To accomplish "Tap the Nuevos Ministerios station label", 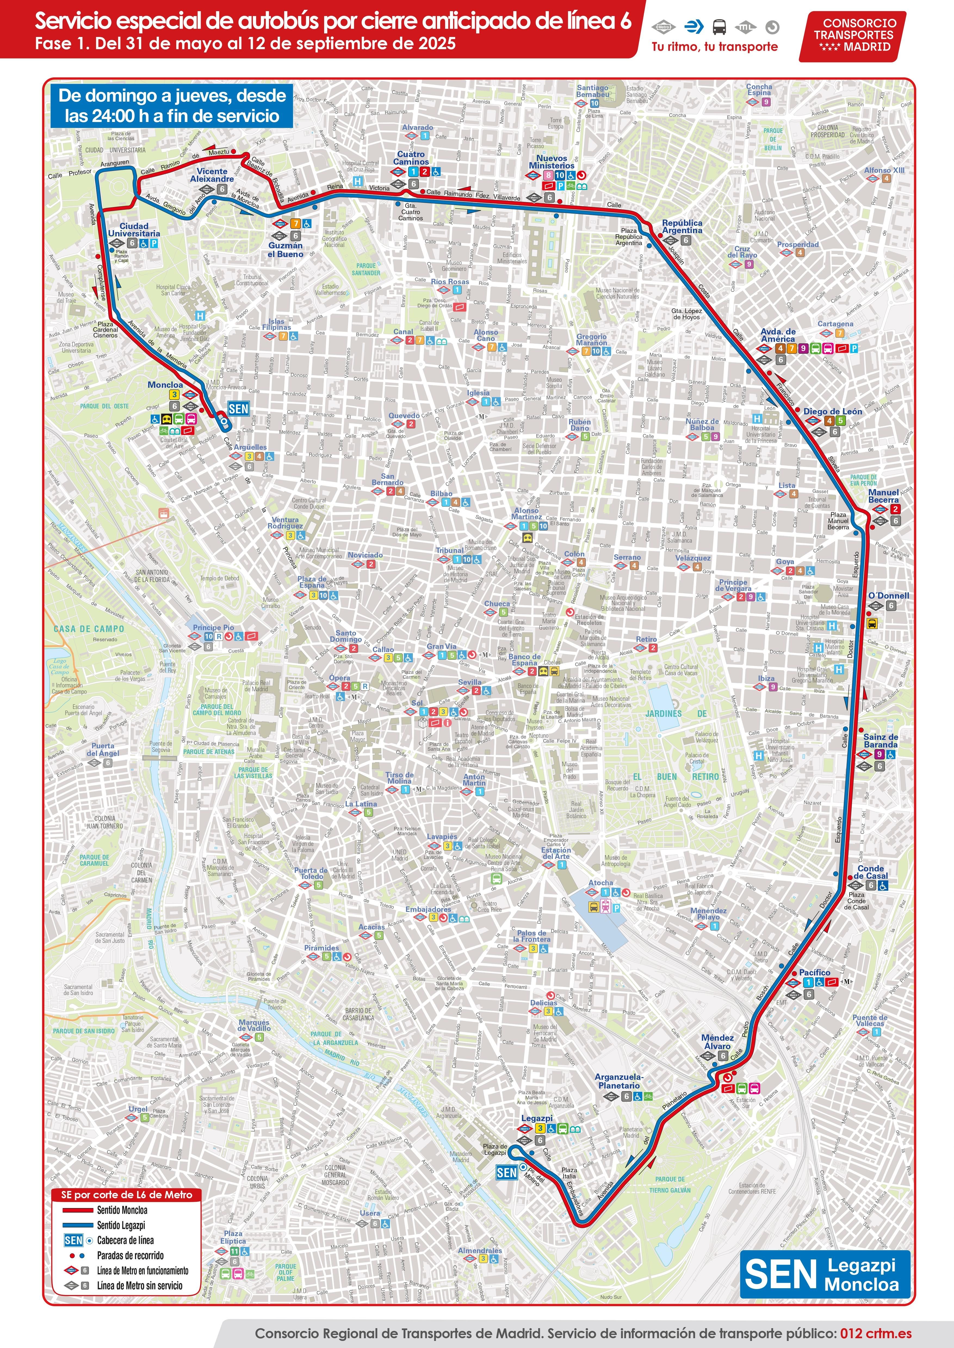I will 552,162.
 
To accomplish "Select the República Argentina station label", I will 682,227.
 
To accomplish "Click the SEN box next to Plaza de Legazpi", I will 506,1172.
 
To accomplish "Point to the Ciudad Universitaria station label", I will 134,230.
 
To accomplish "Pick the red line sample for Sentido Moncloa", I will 78,1210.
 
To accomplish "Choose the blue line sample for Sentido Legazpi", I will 78,1225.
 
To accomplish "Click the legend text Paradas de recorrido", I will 131,1256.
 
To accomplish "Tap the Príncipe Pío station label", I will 213,628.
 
